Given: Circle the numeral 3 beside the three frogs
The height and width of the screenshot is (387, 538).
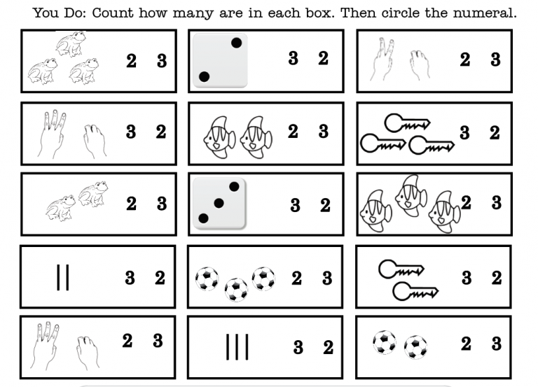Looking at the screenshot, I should (162, 61).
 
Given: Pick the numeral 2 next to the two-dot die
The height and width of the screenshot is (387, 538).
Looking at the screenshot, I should (323, 59).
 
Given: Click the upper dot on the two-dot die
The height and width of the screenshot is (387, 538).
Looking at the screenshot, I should (236, 43).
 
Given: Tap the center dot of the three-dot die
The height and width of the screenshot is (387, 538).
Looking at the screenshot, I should (219, 203).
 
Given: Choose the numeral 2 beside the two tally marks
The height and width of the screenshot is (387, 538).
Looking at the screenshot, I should (160, 278).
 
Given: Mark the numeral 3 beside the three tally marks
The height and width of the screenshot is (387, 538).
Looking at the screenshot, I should (298, 348).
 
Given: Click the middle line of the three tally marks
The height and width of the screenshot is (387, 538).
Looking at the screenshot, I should (237, 347).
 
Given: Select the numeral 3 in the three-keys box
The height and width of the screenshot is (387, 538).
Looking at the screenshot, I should (464, 133).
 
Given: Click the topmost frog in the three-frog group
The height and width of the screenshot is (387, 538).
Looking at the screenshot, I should (70, 44).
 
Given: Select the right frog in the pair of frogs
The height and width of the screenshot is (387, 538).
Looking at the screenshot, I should (93, 194).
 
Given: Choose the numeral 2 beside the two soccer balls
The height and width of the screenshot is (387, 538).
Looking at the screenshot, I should (466, 344).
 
